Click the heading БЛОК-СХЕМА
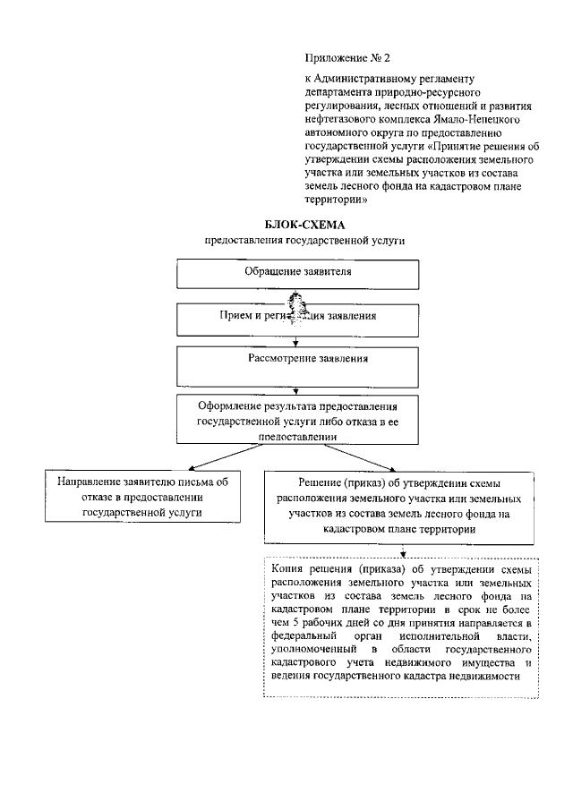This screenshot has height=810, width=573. click(x=305, y=225)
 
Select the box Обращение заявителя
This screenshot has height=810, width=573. click(x=297, y=272)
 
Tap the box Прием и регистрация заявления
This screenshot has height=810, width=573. click(x=297, y=316)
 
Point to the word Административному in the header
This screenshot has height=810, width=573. click(x=383, y=79)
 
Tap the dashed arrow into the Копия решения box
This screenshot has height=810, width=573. click(x=403, y=550)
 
